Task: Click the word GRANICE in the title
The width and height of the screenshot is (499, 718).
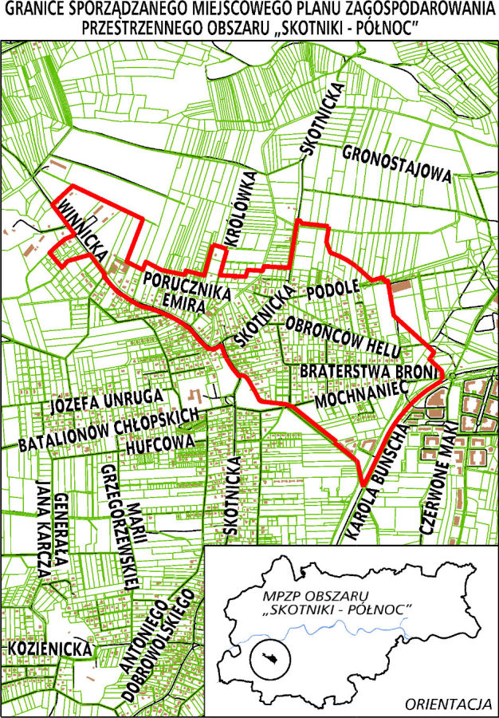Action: (36, 10)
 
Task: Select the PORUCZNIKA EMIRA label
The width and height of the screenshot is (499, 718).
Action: (187, 287)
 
